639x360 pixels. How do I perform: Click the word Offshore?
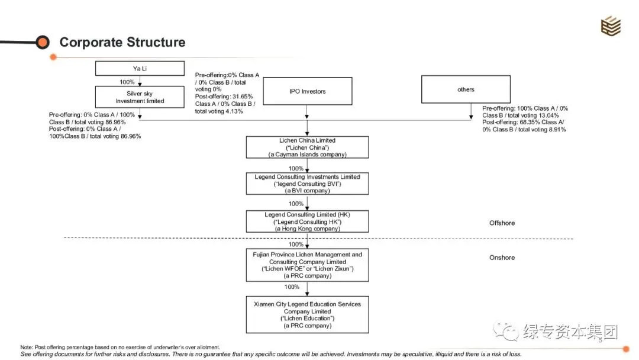(x=502, y=223)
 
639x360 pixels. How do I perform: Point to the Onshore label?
(x=502, y=258)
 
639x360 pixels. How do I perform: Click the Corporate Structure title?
(x=122, y=42)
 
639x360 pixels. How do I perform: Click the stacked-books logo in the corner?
(x=611, y=25)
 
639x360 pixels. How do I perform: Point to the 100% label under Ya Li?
(x=127, y=82)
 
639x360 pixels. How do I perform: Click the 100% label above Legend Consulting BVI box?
(x=296, y=168)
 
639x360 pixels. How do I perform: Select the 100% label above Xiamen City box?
(x=292, y=287)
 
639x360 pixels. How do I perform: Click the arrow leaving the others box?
(x=471, y=111)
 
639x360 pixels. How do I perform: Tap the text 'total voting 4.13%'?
(x=219, y=111)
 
